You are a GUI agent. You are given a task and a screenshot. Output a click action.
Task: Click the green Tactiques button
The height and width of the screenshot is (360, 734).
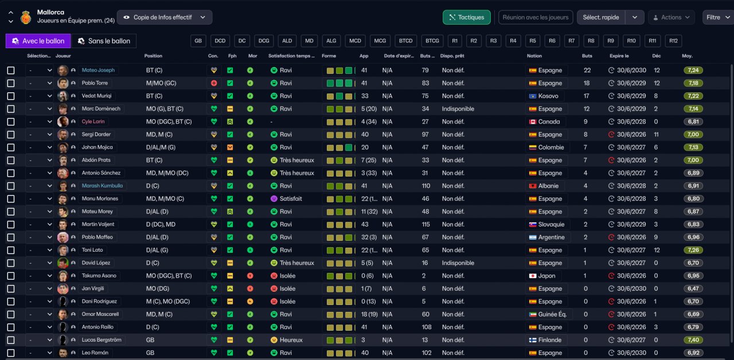click(467, 17)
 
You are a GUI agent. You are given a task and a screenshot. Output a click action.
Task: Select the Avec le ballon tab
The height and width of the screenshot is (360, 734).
click(38, 41)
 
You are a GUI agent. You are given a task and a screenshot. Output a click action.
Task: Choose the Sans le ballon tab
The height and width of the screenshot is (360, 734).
click(104, 41)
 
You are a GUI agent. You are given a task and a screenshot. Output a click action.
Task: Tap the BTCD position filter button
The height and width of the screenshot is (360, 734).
click(405, 41)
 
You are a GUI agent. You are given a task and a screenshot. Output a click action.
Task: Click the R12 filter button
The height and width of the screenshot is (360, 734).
click(673, 41)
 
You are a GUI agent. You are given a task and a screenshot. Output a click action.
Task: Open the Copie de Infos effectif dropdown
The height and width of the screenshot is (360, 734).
click(165, 17)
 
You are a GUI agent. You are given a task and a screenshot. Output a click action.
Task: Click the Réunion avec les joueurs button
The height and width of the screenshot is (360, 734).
click(536, 17)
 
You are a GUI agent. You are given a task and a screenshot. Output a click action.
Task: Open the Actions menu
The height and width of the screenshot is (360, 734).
click(671, 17)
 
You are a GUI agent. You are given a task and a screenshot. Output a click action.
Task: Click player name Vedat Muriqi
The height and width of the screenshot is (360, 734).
click(97, 96)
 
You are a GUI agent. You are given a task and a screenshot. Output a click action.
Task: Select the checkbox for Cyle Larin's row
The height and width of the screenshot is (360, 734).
click(11, 122)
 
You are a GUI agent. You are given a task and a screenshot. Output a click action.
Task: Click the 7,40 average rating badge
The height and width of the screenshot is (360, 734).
click(693, 340)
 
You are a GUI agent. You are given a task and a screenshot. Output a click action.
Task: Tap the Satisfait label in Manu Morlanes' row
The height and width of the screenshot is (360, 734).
click(291, 199)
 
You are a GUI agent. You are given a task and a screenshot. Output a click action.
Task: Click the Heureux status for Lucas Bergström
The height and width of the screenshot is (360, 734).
click(291, 340)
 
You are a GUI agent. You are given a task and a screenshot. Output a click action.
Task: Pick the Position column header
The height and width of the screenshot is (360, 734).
click(153, 56)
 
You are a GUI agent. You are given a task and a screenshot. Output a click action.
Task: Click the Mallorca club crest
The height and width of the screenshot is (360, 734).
click(26, 17)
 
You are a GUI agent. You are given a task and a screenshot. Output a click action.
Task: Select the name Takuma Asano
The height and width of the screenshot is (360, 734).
click(99, 276)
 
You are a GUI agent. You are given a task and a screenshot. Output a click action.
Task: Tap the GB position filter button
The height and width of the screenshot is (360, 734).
click(198, 41)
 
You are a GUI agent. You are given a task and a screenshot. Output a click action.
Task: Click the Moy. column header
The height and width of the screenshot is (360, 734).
click(687, 56)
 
